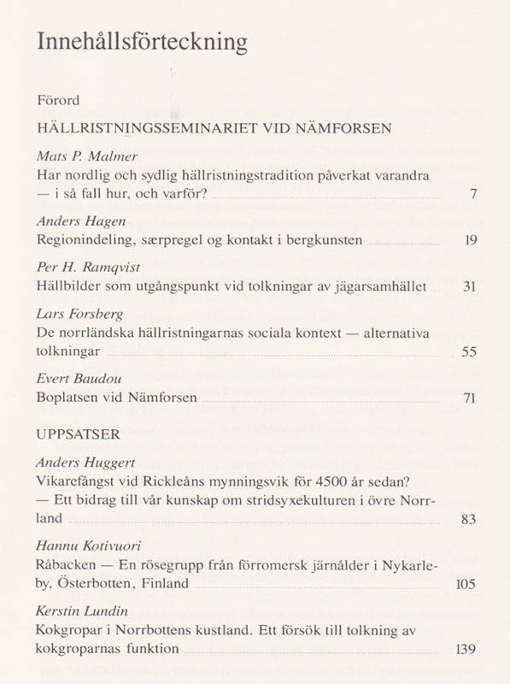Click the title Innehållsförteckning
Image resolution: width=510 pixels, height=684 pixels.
(142, 42)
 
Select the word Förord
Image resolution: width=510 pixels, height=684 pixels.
(58, 101)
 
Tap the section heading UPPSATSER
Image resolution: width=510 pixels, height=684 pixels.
(79, 434)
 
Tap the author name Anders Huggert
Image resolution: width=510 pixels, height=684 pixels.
(86, 463)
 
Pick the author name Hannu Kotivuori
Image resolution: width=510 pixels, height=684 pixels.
(89, 545)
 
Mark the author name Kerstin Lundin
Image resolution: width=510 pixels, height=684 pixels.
(83, 610)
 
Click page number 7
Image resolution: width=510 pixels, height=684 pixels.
(472, 194)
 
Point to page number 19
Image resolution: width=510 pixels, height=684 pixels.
(470, 240)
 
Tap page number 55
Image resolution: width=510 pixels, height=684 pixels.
(469, 351)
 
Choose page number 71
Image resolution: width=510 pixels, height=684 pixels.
(469, 398)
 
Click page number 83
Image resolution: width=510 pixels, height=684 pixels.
(468, 519)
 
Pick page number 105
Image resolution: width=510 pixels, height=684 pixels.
(466, 585)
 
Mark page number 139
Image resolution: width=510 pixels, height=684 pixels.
(466, 650)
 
